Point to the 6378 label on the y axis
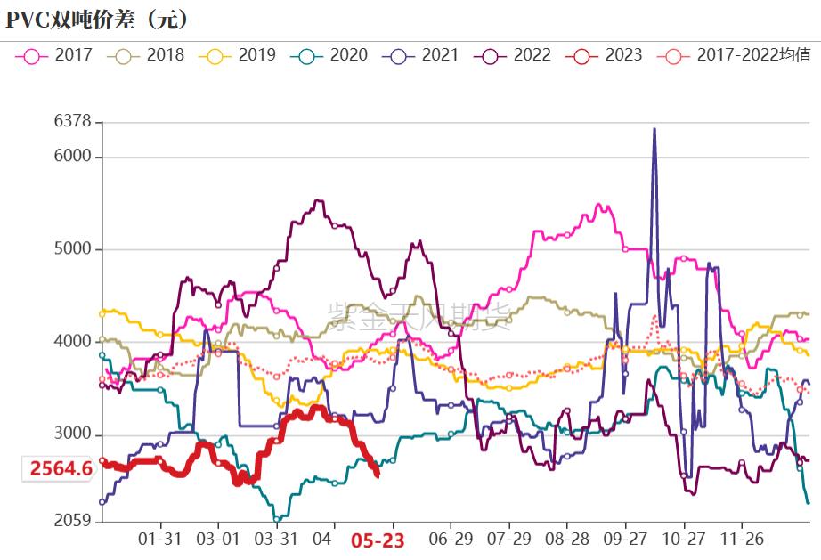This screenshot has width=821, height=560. [x=73, y=122]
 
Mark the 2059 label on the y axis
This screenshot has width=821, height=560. [x=73, y=521]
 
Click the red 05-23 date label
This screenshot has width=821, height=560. [x=377, y=540]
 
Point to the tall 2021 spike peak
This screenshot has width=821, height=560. [x=654, y=130]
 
